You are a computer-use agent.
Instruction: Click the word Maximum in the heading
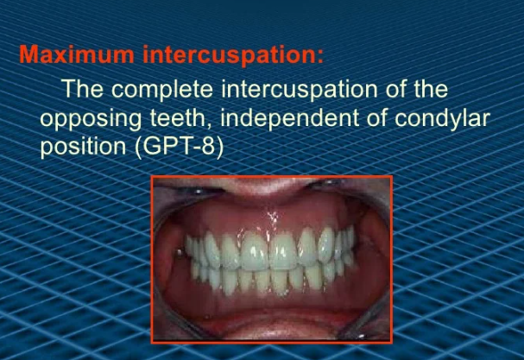pos(77,54)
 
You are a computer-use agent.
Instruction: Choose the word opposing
pos(91,119)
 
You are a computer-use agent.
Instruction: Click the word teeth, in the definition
pos(180,118)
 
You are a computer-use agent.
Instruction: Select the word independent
pos(290,119)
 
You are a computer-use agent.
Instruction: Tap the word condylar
pos(442,119)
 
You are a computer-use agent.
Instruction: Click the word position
pos(83,147)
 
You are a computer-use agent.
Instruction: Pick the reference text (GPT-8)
pos(179,147)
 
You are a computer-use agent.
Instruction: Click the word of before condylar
pos(376,118)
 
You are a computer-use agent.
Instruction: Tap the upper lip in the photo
pos(264,186)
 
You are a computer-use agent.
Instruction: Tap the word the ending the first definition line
pos(431,89)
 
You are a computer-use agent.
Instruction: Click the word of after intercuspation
pos(396,89)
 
